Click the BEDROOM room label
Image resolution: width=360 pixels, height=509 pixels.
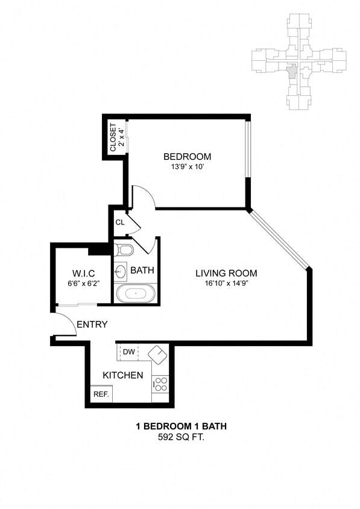tap(187, 157)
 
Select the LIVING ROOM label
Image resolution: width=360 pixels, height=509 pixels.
tap(226, 273)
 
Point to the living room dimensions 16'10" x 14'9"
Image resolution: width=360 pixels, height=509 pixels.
tap(226, 283)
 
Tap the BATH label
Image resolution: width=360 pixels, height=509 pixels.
tap(143, 270)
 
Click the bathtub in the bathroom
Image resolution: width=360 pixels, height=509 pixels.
tap(135, 294)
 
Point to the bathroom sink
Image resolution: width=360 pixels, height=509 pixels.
tap(120, 271)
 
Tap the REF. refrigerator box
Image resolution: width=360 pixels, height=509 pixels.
tap(100, 394)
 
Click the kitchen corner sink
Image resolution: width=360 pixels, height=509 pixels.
tap(158, 354)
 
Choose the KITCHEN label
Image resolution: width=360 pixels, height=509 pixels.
tap(122, 375)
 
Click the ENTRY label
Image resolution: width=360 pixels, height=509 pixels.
tap(92, 324)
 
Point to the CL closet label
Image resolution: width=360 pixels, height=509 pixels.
tap(120, 222)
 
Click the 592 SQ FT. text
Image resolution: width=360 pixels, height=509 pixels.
tap(180, 437)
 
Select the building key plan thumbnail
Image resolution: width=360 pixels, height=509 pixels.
tap(298, 62)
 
